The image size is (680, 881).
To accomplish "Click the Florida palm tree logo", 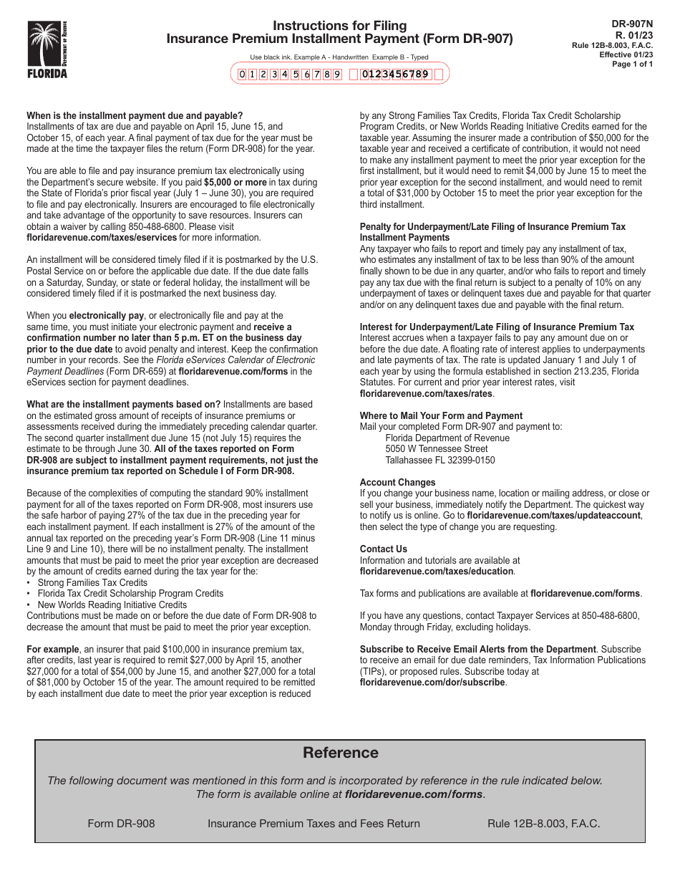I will pos(47,49).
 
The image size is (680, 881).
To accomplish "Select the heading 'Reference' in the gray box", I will pos(340,752).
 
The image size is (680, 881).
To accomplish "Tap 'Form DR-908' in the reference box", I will pos(121,823).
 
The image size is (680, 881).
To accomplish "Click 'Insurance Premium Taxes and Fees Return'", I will pos(314,823).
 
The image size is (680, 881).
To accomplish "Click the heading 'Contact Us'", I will pos(383,549).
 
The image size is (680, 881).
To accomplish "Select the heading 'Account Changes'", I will pos(397,483).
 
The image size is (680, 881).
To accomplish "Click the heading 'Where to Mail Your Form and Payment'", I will pos(441,415).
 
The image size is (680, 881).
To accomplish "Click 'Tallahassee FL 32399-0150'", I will pos(439,460).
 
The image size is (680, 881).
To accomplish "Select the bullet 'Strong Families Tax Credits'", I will pos(92,582).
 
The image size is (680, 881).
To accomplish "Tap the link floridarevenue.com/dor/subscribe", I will pos(432,683).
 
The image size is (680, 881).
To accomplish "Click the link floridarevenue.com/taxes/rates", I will pos(426,393).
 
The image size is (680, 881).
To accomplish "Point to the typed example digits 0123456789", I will pos(395,74).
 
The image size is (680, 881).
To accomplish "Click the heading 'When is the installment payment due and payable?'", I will pos(135,115).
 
